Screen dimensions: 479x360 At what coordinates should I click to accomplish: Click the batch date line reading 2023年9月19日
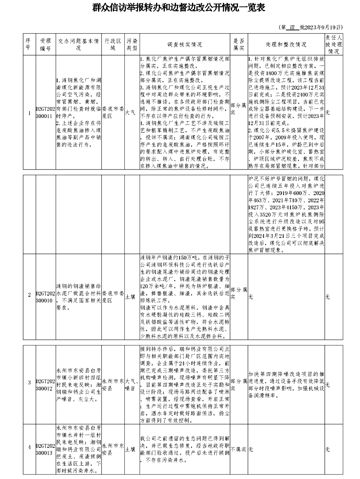311,28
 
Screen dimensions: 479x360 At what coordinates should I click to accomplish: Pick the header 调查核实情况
185,44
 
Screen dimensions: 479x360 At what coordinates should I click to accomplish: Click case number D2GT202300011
44,113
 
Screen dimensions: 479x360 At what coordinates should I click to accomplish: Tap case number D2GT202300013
44,449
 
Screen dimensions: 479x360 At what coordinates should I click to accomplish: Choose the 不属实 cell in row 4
238,449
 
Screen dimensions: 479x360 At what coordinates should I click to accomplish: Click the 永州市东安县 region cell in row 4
113,449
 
